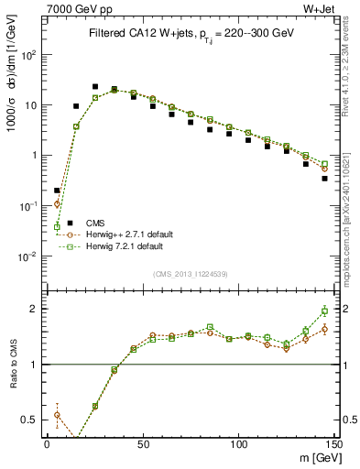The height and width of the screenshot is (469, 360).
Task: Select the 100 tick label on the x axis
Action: [239, 444]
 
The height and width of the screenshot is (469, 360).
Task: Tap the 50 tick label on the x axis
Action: [143, 444]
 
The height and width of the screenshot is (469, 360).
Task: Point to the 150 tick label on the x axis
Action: [334, 444]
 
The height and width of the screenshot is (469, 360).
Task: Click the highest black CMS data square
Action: [95, 87]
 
